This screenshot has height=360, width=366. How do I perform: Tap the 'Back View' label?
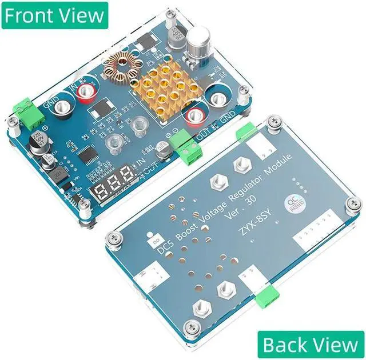click(x=311, y=345)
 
